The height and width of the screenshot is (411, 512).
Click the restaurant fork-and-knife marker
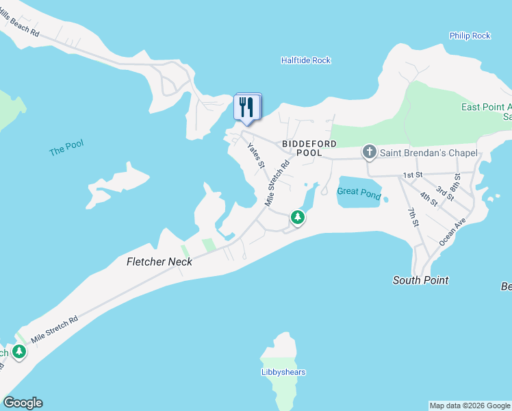pyautogui.click(x=248, y=108)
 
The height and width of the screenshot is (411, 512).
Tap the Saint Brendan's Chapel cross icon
pyautogui.click(x=370, y=151)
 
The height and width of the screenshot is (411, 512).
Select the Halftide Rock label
pyautogui.click(x=306, y=60)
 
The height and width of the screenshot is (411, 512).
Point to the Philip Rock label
pyautogui.click(x=470, y=36)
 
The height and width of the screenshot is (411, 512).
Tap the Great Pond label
pyautogui.click(x=359, y=194)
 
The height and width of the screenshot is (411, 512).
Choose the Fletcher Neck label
pyautogui.click(x=159, y=261)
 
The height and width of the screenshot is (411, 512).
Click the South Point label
pyautogui.click(x=421, y=279)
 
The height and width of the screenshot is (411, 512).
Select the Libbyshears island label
pyautogui.click(x=283, y=372)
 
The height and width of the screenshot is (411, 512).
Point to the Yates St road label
pyautogui.click(x=256, y=155)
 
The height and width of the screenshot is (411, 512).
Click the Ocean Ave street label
pyautogui.click(x=452, y=232)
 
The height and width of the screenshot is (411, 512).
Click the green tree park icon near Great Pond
pyautogui.click(x=298, y=217)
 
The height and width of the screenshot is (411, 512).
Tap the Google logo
pyautogui.click(x=23, y=403)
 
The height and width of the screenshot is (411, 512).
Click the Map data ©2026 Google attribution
pyautogui.click(x=470, y=406)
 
